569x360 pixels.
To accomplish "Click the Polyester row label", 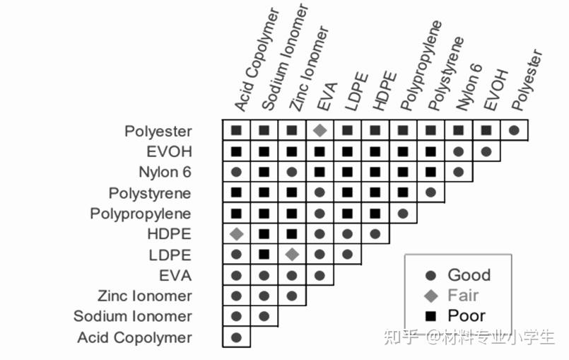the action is coord(158,131).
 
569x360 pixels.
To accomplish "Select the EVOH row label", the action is coord(169,151).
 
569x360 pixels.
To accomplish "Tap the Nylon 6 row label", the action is coord(165,172).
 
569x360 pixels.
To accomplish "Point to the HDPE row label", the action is coord(170,234).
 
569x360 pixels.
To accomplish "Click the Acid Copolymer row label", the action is coord(134,337).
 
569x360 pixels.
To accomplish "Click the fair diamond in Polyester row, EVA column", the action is coord(319,130).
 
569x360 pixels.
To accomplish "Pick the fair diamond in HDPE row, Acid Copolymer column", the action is coord(237,234).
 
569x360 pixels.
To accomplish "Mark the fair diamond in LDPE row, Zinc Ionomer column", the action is coord(292,255).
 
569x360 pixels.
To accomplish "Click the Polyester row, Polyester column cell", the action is coord(514,130).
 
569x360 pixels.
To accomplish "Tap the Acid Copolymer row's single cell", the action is coord(237,337).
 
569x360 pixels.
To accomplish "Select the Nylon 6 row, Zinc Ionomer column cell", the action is coord(292,172).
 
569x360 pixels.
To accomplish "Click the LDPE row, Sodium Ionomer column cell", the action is coord(264,255).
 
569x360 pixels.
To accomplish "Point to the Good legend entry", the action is coord(459,275).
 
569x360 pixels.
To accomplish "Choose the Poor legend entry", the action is coord(456,315).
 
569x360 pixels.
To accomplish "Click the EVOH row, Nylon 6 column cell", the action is coord(458,151).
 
